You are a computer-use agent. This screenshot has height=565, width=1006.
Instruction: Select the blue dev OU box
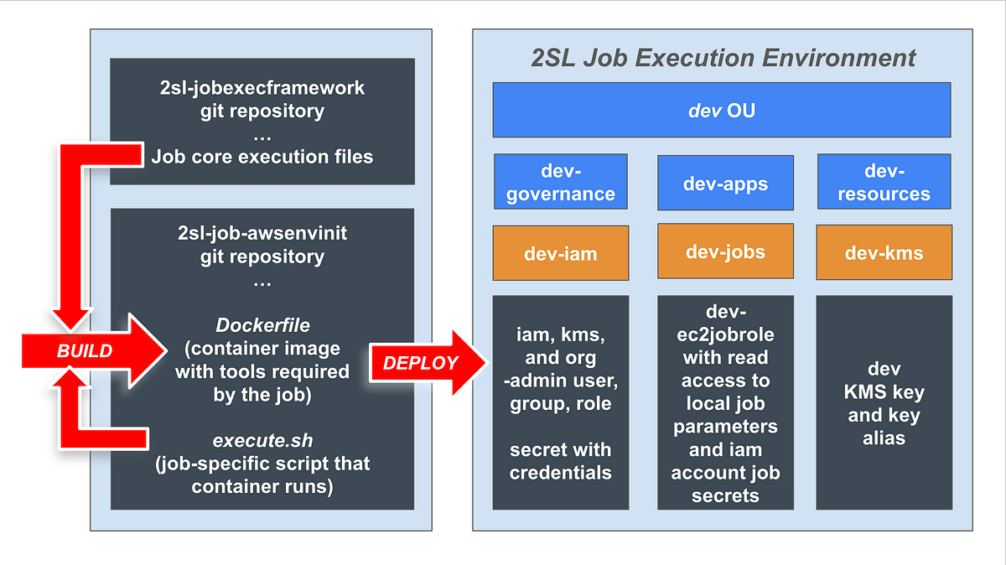click(x=721, y=110)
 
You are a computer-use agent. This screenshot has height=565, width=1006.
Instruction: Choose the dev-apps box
click(x=725, y=182)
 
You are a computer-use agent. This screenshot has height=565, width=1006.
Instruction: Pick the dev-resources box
click(x=884, y=182)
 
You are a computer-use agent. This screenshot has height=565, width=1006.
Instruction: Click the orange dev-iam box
click(x=560, y=253)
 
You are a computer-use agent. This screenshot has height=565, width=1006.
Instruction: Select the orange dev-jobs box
click(x=725, y=251)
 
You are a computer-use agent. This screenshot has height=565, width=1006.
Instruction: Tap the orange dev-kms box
click(x=884, y=253)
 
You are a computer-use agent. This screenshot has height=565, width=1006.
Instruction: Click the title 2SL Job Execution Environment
click(x=723, y=58)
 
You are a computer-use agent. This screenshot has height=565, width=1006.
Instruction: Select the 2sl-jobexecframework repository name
click(x=262, y=87)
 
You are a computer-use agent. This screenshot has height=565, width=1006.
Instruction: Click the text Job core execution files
click(x=262, y=156)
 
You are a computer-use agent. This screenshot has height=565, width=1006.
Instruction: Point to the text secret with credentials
click(x=560, y=461)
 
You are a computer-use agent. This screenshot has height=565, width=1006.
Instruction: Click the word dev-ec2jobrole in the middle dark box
click(x=725, y=324)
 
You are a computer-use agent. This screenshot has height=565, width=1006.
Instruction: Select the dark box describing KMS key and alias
click(x=884, y=402)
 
